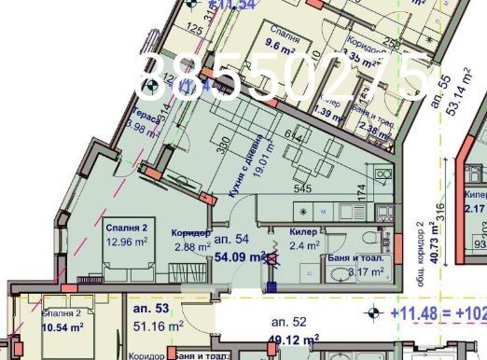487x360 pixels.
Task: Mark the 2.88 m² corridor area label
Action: (190, 247)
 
